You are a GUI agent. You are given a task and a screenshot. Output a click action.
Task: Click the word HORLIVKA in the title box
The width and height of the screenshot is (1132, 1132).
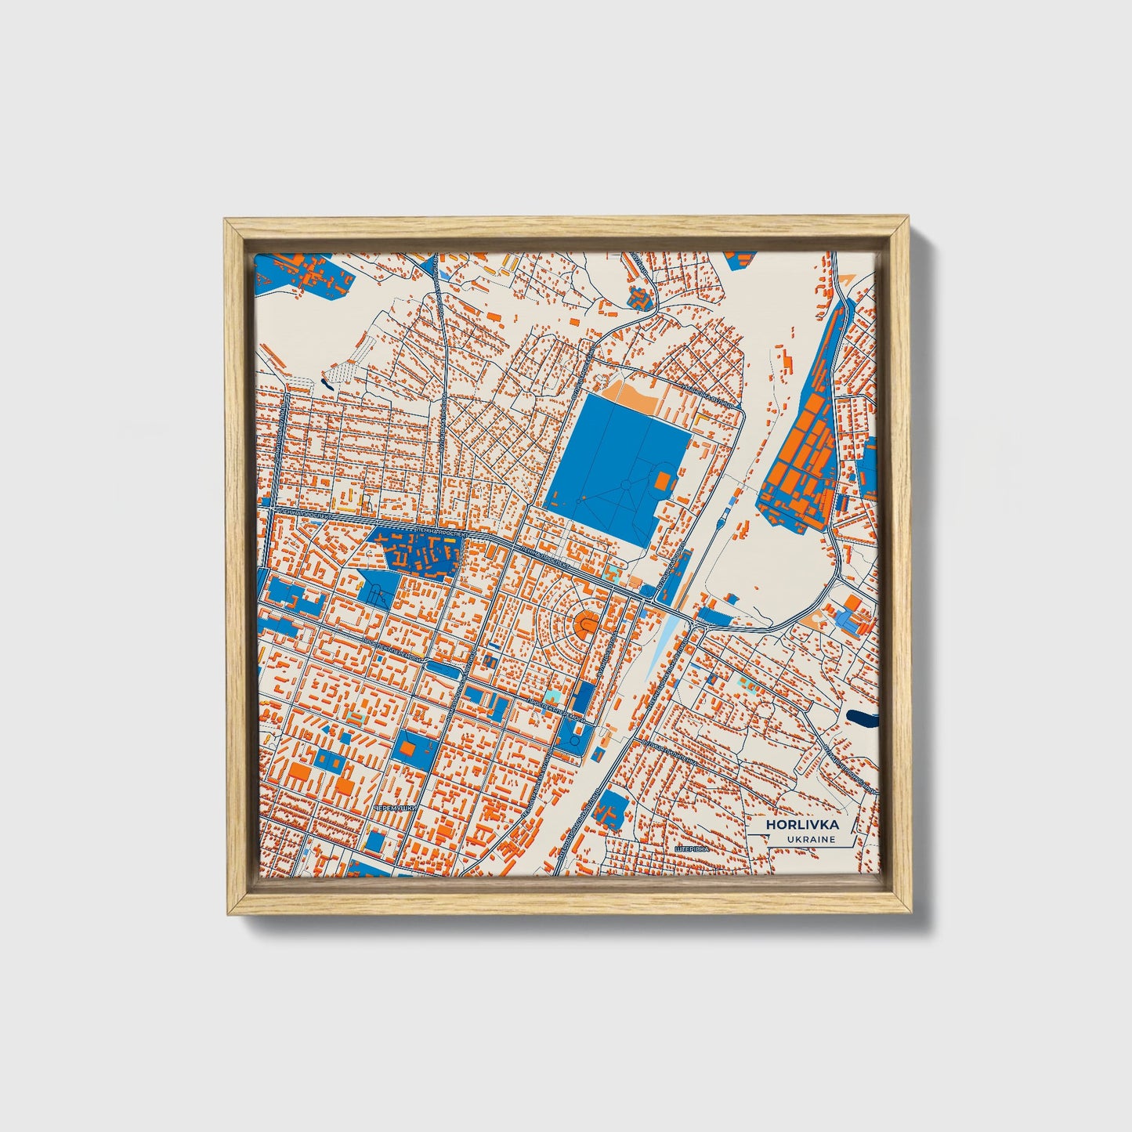tap(803, 825)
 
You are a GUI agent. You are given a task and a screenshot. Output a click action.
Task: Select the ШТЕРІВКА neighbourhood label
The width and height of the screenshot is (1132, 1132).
tap(691, 848)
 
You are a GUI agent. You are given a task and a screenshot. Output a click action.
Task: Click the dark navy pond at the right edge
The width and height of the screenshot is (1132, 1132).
tap(863, 718)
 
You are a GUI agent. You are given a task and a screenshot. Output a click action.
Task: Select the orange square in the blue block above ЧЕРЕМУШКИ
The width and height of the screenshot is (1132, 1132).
tap(407, 749)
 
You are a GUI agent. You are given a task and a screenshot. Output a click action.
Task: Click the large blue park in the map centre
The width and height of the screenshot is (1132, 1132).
tap(615, 462)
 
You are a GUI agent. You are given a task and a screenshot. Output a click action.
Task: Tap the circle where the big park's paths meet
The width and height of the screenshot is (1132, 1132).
tap(626, 486)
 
